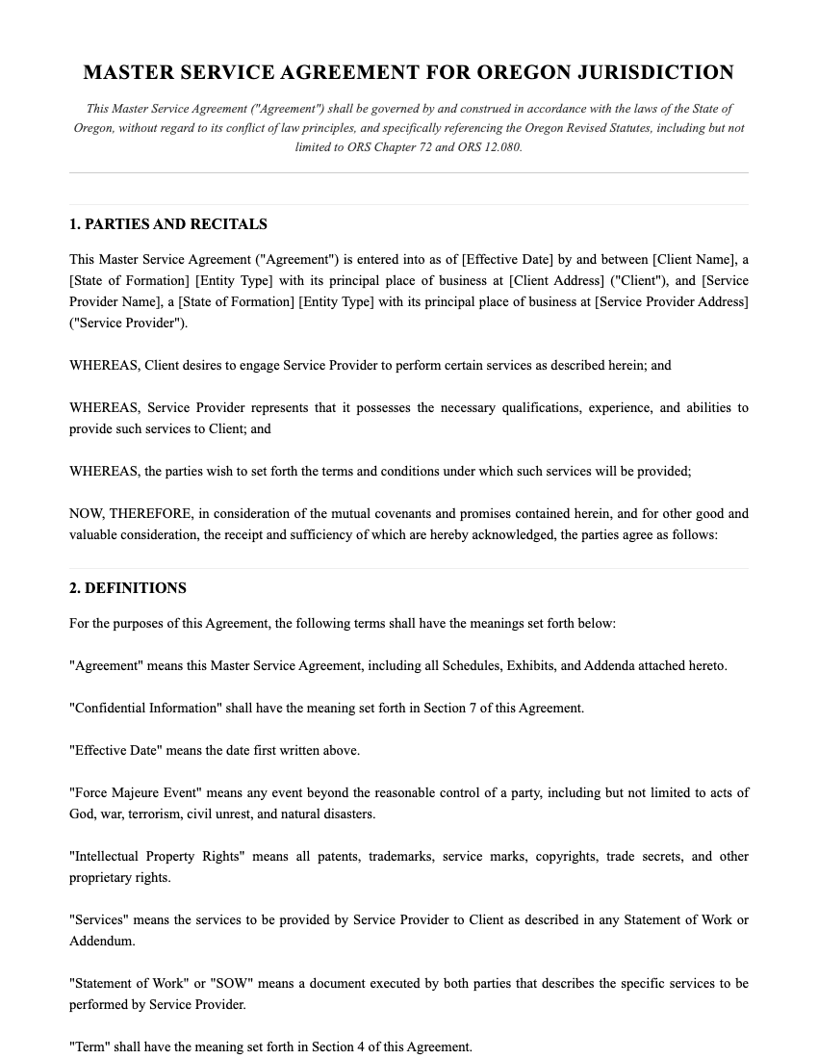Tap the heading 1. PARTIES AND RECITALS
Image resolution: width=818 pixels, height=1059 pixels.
pos(168,224)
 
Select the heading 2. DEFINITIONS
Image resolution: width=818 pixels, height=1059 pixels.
pos(128,588)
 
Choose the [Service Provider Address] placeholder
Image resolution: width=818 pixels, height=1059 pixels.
pos(672,302)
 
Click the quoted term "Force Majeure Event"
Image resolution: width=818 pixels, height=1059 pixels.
pos(135,793)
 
